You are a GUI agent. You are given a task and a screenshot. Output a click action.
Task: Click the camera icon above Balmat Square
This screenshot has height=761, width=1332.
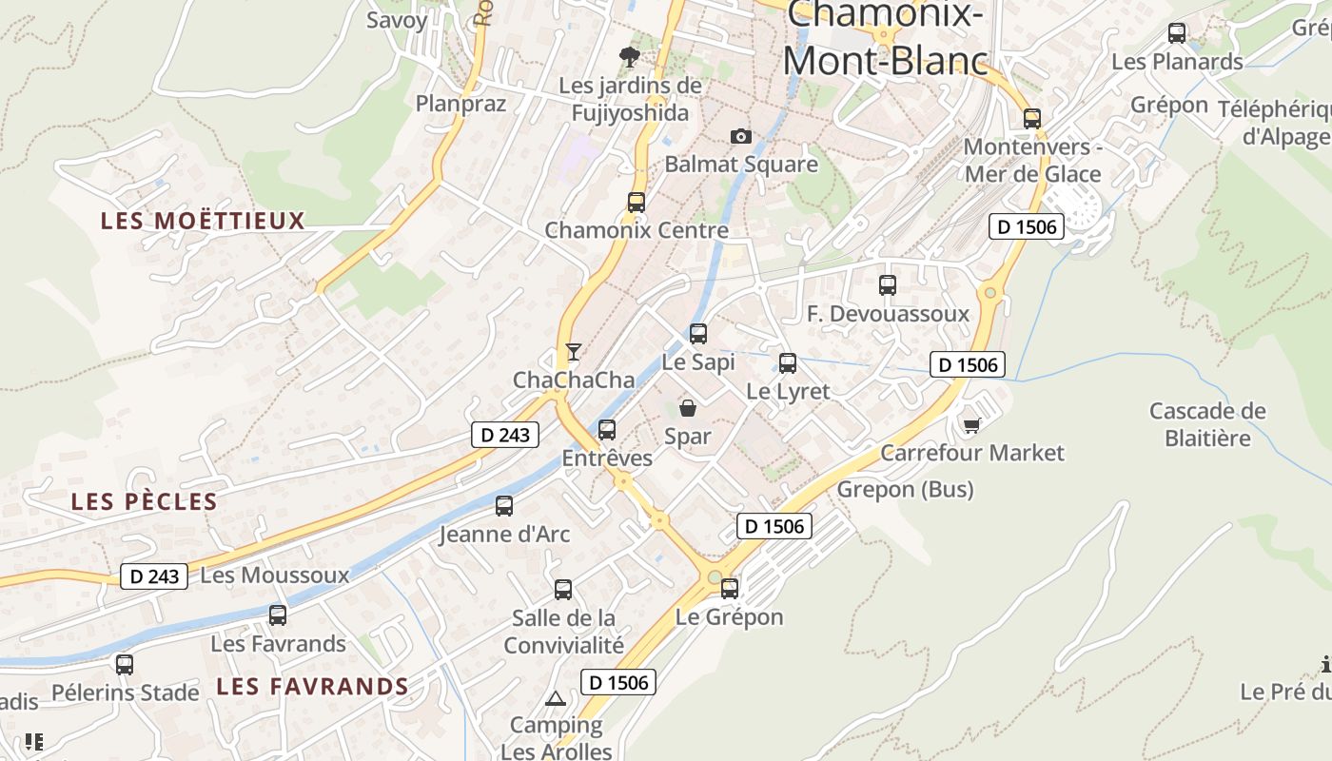[741, 137]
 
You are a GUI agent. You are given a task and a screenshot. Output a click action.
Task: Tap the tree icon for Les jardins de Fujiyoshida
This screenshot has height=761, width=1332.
[629, 57]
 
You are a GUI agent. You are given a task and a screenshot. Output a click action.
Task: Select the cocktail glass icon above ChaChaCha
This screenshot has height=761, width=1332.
[573, 352]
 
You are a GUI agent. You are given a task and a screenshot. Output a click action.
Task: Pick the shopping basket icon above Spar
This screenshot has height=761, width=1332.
[687, 409]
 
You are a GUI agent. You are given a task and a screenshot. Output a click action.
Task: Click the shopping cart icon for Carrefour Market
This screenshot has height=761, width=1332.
[971, 425]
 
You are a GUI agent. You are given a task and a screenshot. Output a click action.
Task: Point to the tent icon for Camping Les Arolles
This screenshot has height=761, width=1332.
[555, 699]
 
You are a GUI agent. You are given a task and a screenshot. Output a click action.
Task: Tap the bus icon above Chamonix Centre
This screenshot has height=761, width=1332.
[637, 202]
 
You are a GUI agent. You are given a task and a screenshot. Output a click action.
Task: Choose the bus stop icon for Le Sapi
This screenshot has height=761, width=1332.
[698, 333]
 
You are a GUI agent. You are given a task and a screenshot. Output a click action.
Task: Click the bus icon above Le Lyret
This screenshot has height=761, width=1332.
[788, 362]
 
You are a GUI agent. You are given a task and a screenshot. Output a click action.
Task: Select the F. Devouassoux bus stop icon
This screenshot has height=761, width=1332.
[888, 284]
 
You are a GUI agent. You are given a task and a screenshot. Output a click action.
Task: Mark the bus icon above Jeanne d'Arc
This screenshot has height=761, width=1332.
[504, 506]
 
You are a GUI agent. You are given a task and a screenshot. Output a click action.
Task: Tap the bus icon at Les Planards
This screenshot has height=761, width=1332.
[1177, 33]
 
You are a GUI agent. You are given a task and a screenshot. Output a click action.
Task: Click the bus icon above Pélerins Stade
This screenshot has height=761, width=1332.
[125, 665]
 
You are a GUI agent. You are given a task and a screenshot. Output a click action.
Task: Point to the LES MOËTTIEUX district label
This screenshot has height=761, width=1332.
[203, 222]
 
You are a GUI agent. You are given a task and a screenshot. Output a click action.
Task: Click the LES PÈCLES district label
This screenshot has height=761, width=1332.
[145, 502]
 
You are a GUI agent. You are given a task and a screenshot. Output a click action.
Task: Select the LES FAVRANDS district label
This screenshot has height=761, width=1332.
[312, 687]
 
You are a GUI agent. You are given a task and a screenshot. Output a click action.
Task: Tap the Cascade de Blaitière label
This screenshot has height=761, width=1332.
[1207, 424]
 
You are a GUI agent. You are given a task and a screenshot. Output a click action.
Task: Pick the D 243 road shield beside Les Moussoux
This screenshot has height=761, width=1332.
[154, 576]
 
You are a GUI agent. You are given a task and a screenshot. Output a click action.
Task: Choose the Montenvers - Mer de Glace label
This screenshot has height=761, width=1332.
[1032, 161]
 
